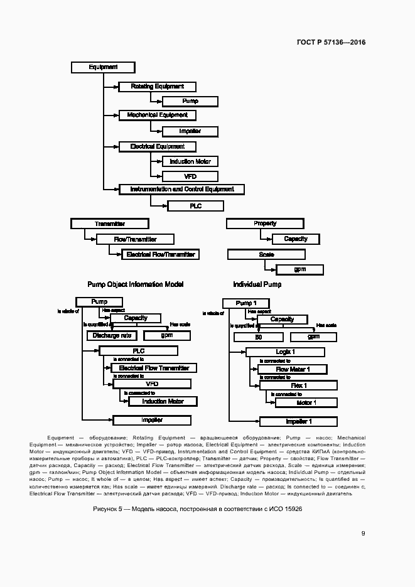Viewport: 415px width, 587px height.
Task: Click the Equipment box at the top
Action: pos(103,67)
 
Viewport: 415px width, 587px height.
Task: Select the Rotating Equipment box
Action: pos(157,87)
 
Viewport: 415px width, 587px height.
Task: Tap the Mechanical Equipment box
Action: pos(157,116)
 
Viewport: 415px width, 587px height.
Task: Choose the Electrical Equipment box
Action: pos(157,147)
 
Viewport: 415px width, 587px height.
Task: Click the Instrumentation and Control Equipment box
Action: pos(181,189)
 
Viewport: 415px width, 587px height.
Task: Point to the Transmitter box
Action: pos(110,223)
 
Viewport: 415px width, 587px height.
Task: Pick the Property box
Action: pos(264,223)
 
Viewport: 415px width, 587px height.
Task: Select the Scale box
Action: pos(266,255)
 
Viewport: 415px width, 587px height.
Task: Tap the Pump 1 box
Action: pos(245,303)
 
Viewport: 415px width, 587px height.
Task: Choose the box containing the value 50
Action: pos(258,337)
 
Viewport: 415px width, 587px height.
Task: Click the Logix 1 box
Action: pos(284,352)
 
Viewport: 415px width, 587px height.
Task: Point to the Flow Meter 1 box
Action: pos(293,369)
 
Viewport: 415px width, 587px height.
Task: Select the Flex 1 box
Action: pos(298,385)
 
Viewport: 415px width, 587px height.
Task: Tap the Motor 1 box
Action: pos(306,402)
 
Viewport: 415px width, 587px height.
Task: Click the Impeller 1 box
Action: pos(298,421)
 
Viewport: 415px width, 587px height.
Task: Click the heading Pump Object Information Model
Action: pos(135,284)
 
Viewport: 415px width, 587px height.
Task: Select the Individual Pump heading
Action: pos(257,284)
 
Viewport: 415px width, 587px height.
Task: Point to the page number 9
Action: pos(363,534)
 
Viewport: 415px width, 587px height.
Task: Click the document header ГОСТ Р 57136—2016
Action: pos(331,43)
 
